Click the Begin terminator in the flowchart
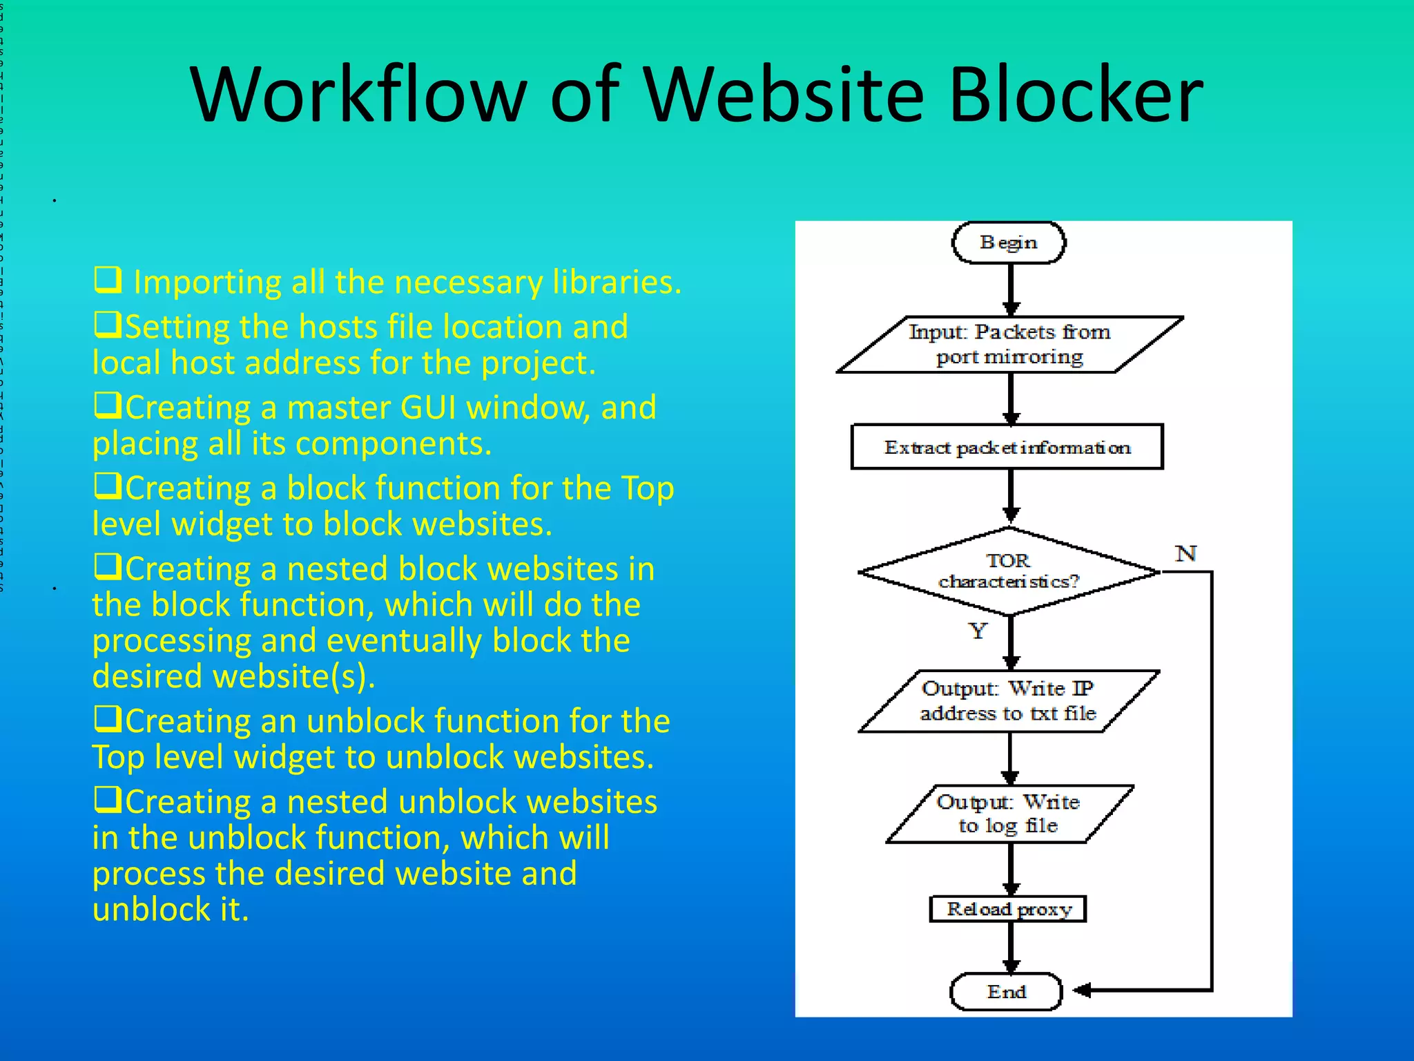(x=1008, y=242)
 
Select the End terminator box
(x=1006, y=992)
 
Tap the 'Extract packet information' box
(x=1007, y=448)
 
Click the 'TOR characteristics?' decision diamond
(x=1008, y=571)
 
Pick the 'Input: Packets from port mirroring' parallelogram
(x=1009, y=345)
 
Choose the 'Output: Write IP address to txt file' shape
(x=1008, y=701)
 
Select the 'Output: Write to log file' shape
(x=1009, y=814)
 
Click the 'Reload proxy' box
(x=1008, y=909)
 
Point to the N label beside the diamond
(x=1185, y=553)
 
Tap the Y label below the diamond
(x=978, y=630)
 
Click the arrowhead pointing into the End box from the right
(x=1083, y=991)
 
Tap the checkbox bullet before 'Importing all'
(x=108, y=280)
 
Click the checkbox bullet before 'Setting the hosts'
(x=108, y=325)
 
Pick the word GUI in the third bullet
(x=428, y=408)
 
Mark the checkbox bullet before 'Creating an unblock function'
(x=108, y=719)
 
